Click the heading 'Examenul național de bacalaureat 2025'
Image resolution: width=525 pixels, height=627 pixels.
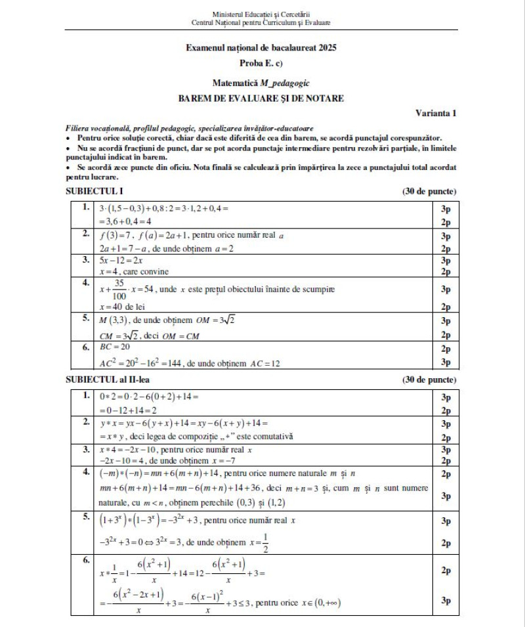click(x=262, y=48)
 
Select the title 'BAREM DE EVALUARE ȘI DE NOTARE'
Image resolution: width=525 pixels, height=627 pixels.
click(x=261, y=98)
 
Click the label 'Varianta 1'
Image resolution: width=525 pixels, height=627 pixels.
click(x=436, y=113)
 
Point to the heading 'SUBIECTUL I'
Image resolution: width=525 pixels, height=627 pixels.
click(x=95, y=192)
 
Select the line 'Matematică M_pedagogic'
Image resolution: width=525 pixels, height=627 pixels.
click(x=261, y=83)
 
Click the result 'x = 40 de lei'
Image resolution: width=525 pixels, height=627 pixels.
click(x=122, y=306)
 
